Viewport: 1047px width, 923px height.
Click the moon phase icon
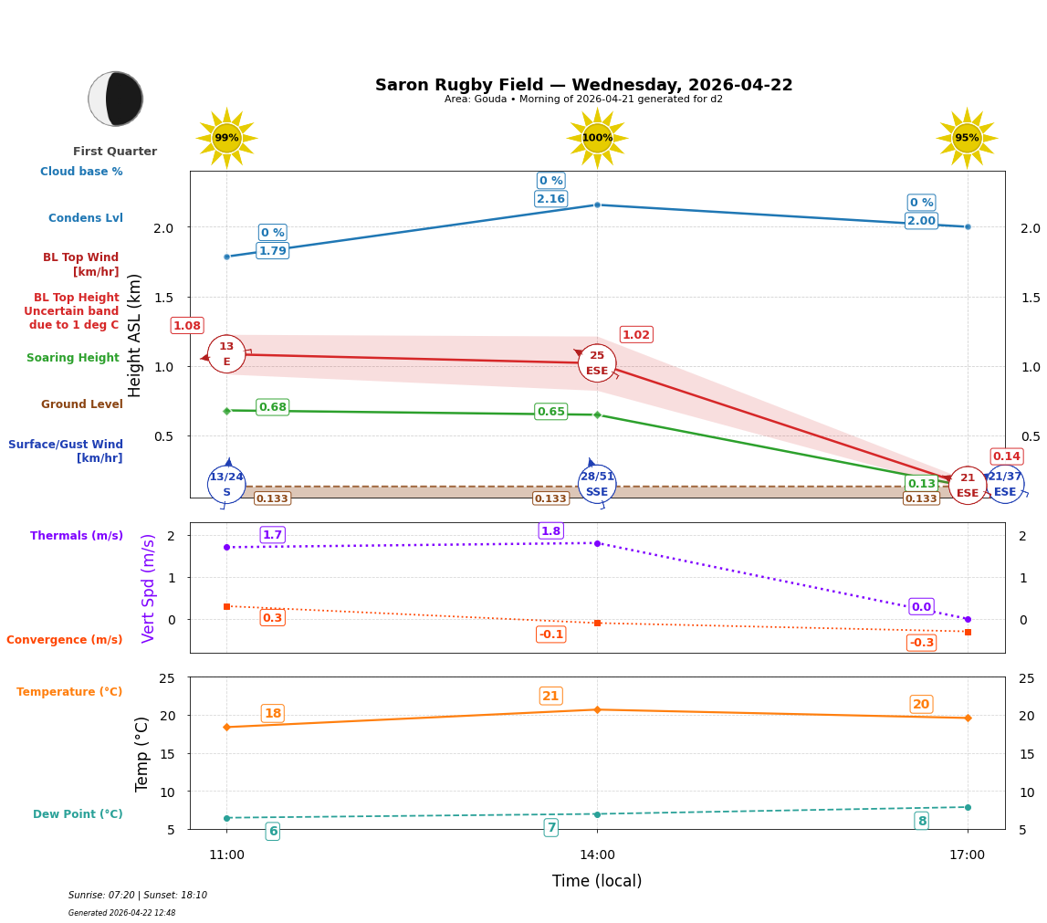[116, 99]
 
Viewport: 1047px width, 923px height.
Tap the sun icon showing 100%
[597, 138]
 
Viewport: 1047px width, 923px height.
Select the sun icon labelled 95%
[967, 138]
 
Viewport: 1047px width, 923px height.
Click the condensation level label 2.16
[550, 199]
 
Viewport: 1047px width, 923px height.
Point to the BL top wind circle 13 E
[226, 354]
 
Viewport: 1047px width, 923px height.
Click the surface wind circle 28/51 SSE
[597, 484]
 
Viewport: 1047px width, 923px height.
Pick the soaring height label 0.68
[273, 407]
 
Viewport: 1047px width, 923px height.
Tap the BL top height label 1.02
[636, 335]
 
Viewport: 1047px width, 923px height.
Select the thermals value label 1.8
[550, 531]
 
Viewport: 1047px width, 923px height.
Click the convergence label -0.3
[921, 643]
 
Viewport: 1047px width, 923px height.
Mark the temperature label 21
[550, 696]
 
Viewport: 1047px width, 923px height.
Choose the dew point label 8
[922, 821]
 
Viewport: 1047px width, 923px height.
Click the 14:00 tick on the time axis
[597, 855]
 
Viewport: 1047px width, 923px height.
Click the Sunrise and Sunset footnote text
[138, 896]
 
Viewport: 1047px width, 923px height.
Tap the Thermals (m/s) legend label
[77, 536]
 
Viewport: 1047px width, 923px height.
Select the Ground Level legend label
[82, 404]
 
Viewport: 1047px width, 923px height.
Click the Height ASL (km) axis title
[135, 335]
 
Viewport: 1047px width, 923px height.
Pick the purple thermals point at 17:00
[968, 619]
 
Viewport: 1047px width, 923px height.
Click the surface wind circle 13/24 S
[226, 484]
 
